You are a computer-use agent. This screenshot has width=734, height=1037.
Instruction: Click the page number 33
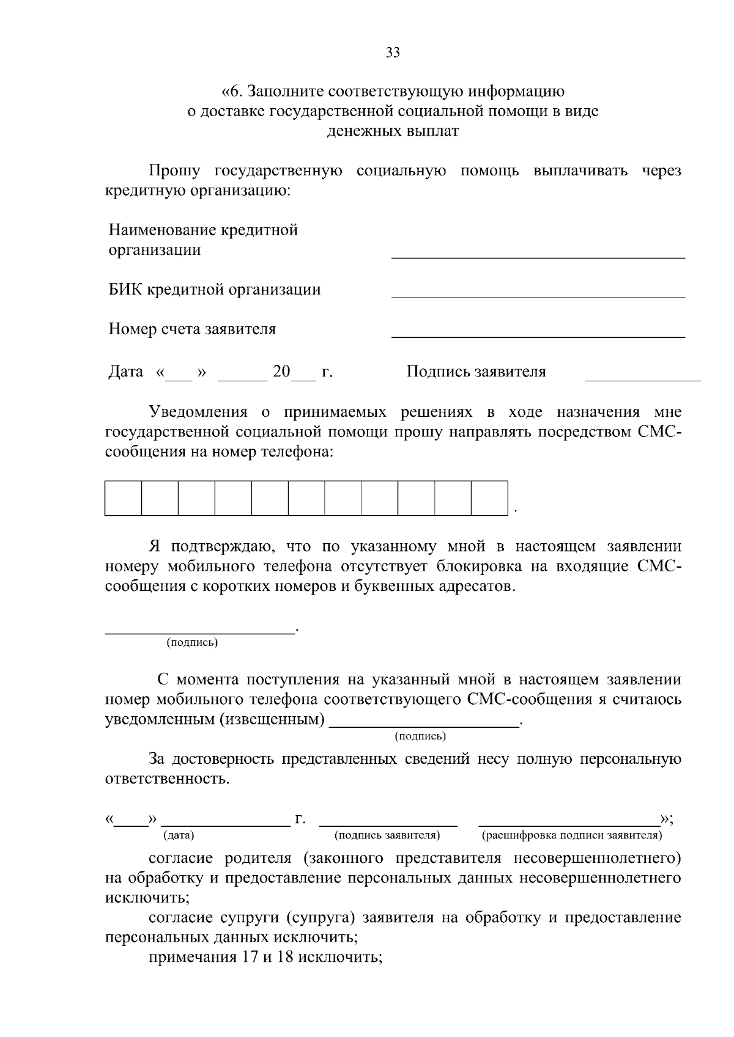pyautogui.click(x=393, y=53)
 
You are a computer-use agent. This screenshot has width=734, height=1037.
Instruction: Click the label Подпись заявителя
pyautogui.click(x=476, y=372)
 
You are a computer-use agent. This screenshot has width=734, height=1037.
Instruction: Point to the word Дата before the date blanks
pyautogui.click(x=126, y=372)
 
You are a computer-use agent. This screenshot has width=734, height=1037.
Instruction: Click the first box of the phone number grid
pyautogui.click(x=124, y=499)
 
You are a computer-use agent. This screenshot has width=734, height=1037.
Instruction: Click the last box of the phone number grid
pyautogui.click(x=489, y=499)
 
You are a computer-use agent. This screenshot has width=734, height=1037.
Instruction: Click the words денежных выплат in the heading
pyautogui.click(x=393, y=131)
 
